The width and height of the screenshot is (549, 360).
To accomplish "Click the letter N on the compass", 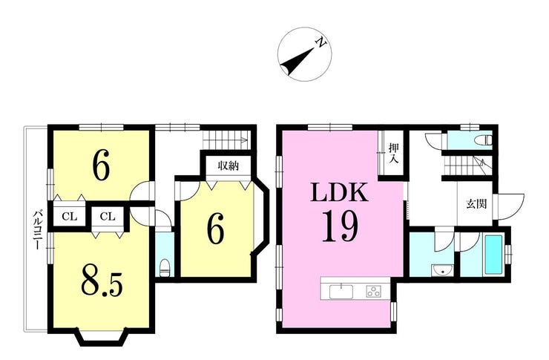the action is (x=321, y=43).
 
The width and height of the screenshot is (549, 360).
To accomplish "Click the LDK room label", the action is (x=339, y=192).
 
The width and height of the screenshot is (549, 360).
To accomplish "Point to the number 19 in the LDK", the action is (x=340, y=226).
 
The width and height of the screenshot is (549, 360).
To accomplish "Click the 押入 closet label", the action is (x=394, y=153).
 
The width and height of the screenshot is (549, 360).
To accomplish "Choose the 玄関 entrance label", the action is (x=476, y=204).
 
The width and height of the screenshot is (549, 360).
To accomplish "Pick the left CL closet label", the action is (x=69, y=217).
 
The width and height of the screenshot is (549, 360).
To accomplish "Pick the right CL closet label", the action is (x=108, y=217).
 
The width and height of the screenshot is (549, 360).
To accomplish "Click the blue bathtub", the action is (x=493, y=255).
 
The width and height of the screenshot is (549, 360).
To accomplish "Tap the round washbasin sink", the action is (x=443, y=271).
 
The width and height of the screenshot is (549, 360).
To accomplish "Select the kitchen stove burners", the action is (x=374, y=292).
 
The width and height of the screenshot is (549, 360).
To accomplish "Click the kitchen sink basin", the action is (x=341, y=292).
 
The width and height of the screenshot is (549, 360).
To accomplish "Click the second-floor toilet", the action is (x=165, y=267).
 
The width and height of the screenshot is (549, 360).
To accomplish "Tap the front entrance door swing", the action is (x=511, y=206).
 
